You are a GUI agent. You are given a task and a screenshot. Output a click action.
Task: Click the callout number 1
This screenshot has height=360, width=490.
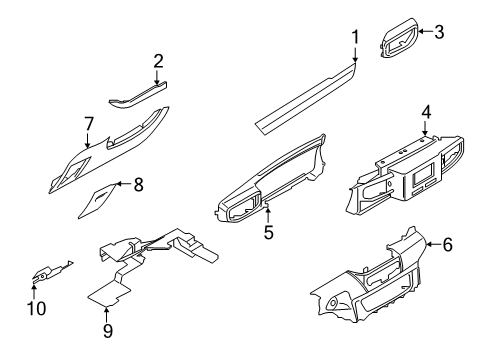click(x=354, y=38)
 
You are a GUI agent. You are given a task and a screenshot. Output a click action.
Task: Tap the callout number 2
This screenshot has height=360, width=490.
click(x=158, y=61)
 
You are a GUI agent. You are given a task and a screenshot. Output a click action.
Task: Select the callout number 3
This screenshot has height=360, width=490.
click(x=439, y=31)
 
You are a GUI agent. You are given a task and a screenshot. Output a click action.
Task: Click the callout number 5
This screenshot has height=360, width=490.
click(x=268, y=233)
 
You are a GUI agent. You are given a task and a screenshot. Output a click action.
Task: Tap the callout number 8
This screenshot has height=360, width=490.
click(x=139, y=183)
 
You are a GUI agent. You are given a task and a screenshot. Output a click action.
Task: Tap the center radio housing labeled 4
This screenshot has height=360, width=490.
click(x=405, y=175)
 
